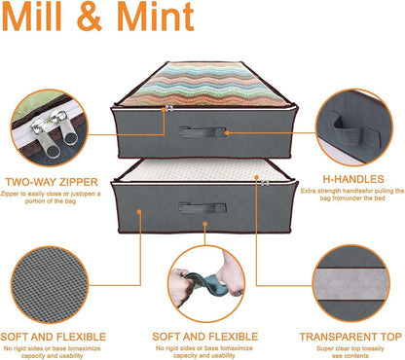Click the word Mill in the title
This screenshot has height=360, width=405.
click(x=31, y=17)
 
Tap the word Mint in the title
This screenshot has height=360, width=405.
click(x=156, y=17)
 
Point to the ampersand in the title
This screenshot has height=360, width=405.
click(x=90, y=17)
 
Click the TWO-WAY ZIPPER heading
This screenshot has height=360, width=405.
click(x=52, y=182)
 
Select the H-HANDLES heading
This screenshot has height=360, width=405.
click(x=353, y=179)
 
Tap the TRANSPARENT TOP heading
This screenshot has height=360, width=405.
click(x=350, y=337)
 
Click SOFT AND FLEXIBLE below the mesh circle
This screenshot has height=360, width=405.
click(x=54, y=337)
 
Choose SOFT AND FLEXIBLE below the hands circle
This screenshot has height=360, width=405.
click(x=205, y=337)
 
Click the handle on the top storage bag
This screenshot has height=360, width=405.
click(x=202, y=131)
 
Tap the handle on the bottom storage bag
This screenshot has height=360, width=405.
click(x=202, y=207)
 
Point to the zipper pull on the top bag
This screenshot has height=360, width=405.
click(x=167, y=109)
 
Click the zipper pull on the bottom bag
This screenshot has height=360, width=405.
click(x=265, y=183)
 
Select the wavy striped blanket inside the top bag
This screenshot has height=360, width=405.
click(x=203, y=85)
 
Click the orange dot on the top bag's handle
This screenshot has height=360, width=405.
click(x=227, y=132)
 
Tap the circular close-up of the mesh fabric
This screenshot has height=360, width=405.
click(x=50, y=285)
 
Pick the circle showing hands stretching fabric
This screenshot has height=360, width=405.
click(x=206, y=284)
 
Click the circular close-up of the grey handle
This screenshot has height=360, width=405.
click(x=354, y=127)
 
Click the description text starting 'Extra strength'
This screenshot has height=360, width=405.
click(x=352, y=195)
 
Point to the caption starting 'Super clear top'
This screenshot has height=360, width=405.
click(x=350, y=352)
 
